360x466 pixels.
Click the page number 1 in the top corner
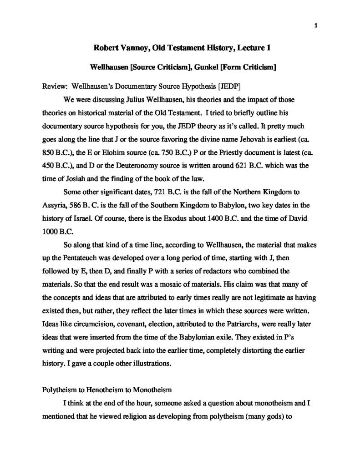pos(315,25)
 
